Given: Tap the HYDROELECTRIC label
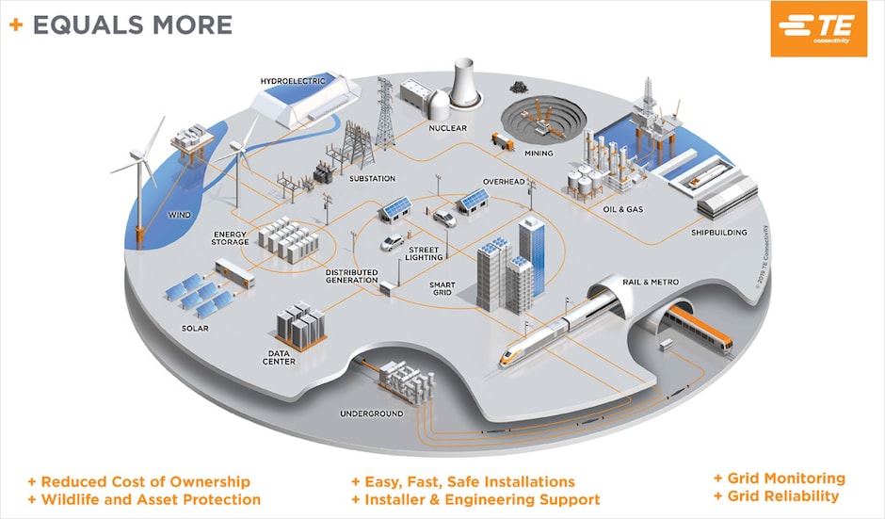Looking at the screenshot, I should (293, 82).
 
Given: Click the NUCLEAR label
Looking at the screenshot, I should (447, 128).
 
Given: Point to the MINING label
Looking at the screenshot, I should (539, 154).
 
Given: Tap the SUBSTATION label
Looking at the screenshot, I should (372, 178).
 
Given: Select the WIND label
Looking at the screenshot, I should (180, 215).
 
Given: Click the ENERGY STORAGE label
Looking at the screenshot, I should (231, 237).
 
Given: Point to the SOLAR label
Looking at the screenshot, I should (195, 329).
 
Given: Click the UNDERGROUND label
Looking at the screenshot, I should (372, 414).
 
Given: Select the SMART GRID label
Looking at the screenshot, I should (442, 287).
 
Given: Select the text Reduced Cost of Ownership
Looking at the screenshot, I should (145, 481).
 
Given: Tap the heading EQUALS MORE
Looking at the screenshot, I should (132, 24).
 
